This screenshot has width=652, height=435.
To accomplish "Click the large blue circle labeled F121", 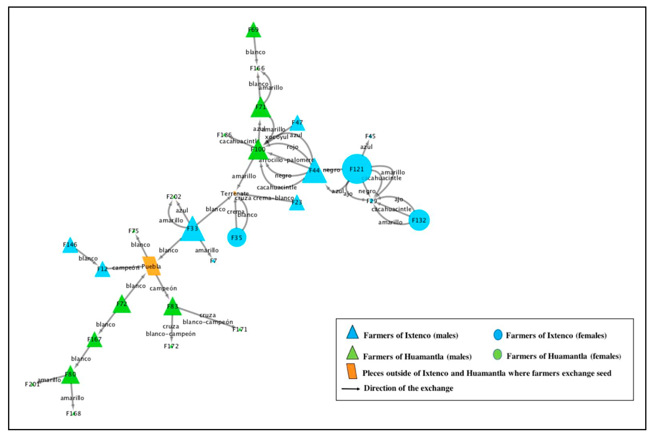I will (357, 169).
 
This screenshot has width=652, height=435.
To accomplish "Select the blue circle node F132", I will (419, 220).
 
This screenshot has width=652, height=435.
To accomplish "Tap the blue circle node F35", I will (237, 237).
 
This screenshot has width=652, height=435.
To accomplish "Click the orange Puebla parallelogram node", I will (151, 266).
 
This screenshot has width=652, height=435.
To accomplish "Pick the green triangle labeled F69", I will (253, 31).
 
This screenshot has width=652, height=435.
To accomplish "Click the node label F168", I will (74, 413).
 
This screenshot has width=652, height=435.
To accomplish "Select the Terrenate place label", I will (234, 193).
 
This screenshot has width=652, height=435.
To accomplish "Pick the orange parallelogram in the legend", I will (352, 371).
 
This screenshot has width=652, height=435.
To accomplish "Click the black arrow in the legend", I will (351, 389).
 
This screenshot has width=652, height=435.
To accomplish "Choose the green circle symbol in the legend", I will (497, 355).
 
